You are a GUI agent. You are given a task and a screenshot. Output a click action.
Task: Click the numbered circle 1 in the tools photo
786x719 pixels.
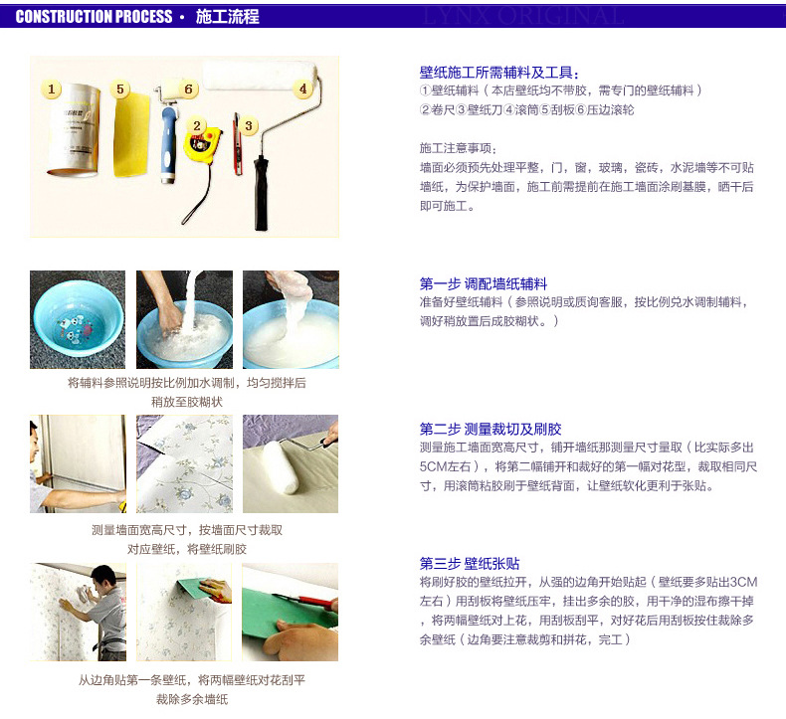pyautogui.click(x=53, y=89)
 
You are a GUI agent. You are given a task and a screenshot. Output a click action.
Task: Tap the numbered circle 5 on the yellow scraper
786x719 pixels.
pyautogui.click(x=121, y=89)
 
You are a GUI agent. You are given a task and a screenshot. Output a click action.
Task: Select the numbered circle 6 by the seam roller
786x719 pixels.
pyautogui.click(x=189, y=89)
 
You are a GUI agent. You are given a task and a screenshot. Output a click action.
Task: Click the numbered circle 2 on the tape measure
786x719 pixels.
pyautogui.click(x=197, y=125)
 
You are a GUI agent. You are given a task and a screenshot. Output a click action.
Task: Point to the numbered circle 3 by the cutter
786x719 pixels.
pyautogui.click(x=249, y=126)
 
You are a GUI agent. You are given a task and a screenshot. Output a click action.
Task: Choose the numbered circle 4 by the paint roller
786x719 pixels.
pyautogui.click(x=302, y=88)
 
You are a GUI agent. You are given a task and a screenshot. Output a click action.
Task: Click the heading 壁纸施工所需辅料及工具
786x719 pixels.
pyautogui.click(x=498, y=73)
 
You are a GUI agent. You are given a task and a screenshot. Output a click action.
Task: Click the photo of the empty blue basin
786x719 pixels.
pyautogui.click(x=78, y=319)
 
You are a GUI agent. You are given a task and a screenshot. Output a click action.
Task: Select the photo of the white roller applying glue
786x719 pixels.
pyautogui.click(x=291, y=463)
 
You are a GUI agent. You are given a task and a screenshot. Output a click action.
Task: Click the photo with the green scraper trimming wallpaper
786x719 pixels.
pyautogui.click(x=290, y=612)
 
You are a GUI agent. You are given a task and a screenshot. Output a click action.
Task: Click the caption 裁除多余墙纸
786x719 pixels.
pyautogui.click(x=191, y=699)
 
